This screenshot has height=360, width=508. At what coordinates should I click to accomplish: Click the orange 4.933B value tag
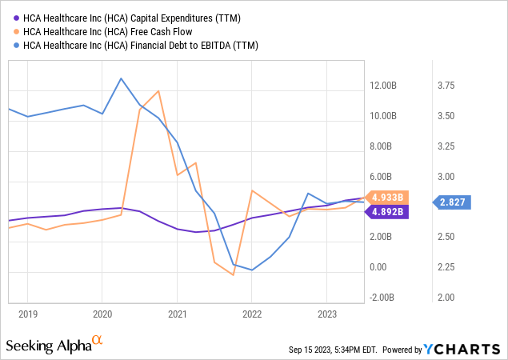[x=391, y=197]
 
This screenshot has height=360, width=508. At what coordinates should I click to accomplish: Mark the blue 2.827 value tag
[x=452, y=203]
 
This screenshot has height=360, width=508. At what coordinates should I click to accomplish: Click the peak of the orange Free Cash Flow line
[x=158, y=90]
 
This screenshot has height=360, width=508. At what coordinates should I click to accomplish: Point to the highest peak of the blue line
[x=121, y=78]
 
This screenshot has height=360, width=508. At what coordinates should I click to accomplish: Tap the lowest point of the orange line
[x=233, y=275]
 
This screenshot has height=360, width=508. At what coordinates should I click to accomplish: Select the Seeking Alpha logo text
[x=48, y=346]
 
